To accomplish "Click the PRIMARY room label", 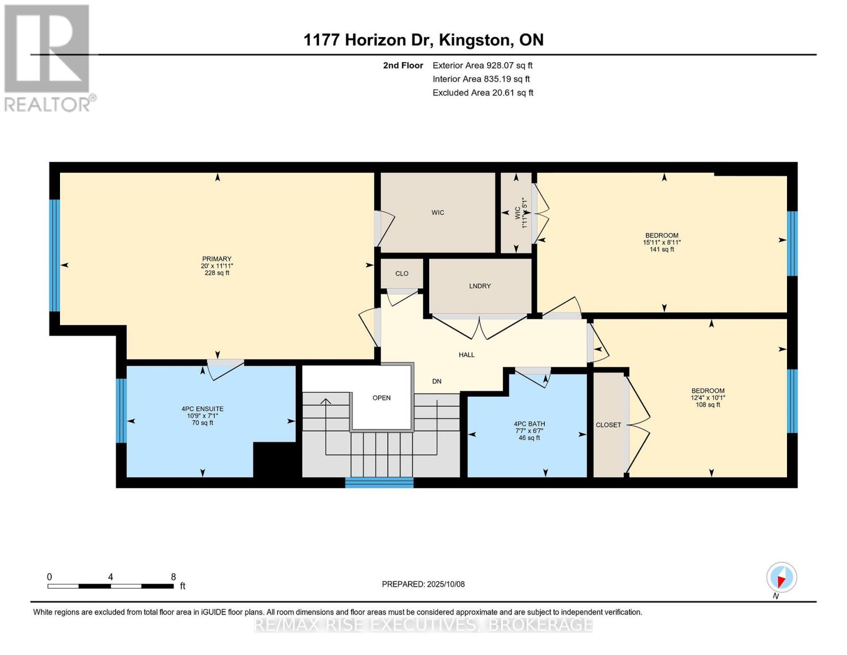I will (217, 259).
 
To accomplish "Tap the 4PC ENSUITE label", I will (202, 409).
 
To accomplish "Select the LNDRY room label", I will (480, 286).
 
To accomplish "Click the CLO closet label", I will (402, 273).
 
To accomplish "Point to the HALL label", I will (466, 355).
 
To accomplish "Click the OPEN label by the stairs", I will (381, 398).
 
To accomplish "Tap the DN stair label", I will (437, 382).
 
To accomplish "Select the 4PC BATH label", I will (529, 424).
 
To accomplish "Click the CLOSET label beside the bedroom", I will (608, 425).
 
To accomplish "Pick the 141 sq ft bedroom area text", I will (662, 249).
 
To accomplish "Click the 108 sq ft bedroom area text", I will (708, 405).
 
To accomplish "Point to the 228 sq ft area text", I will (217, 273).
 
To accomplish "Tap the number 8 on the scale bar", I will (173, 577).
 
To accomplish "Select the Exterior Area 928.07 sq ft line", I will (482, 65).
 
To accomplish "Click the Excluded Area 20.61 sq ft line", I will (483, 93).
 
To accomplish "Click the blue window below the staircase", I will (379, 483).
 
